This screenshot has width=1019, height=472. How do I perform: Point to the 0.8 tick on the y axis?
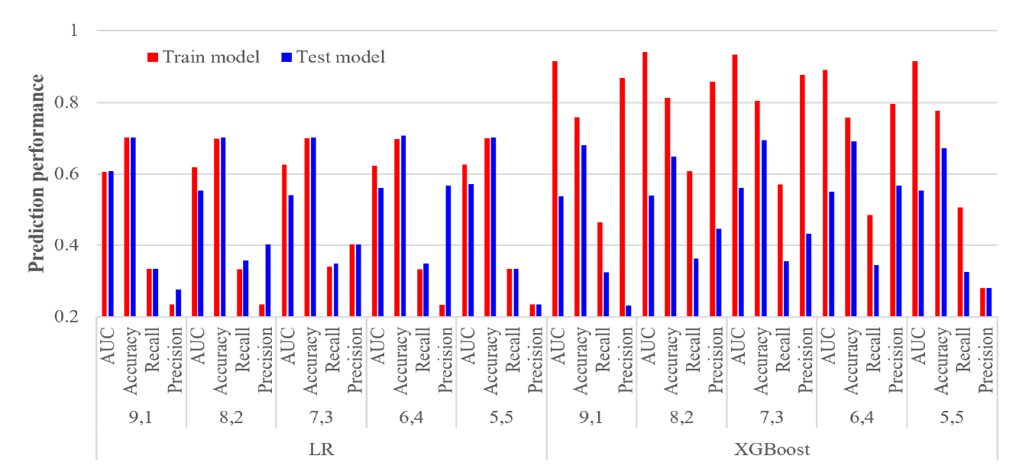pos(74,102)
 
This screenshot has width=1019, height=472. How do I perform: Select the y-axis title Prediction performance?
pos(35,173)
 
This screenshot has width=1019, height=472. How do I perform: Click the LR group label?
pos(321,450)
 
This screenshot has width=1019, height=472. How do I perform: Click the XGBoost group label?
pos(772,450)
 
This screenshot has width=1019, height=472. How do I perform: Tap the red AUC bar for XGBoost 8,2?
pos(645,184)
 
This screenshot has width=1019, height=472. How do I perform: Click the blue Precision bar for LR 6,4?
pos(448,251)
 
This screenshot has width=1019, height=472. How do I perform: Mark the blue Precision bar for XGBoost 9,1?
pos(628,311)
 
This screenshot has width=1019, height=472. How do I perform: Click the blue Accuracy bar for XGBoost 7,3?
pos(763,228)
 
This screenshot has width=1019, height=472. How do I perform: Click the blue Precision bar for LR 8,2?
pos(267,280)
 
